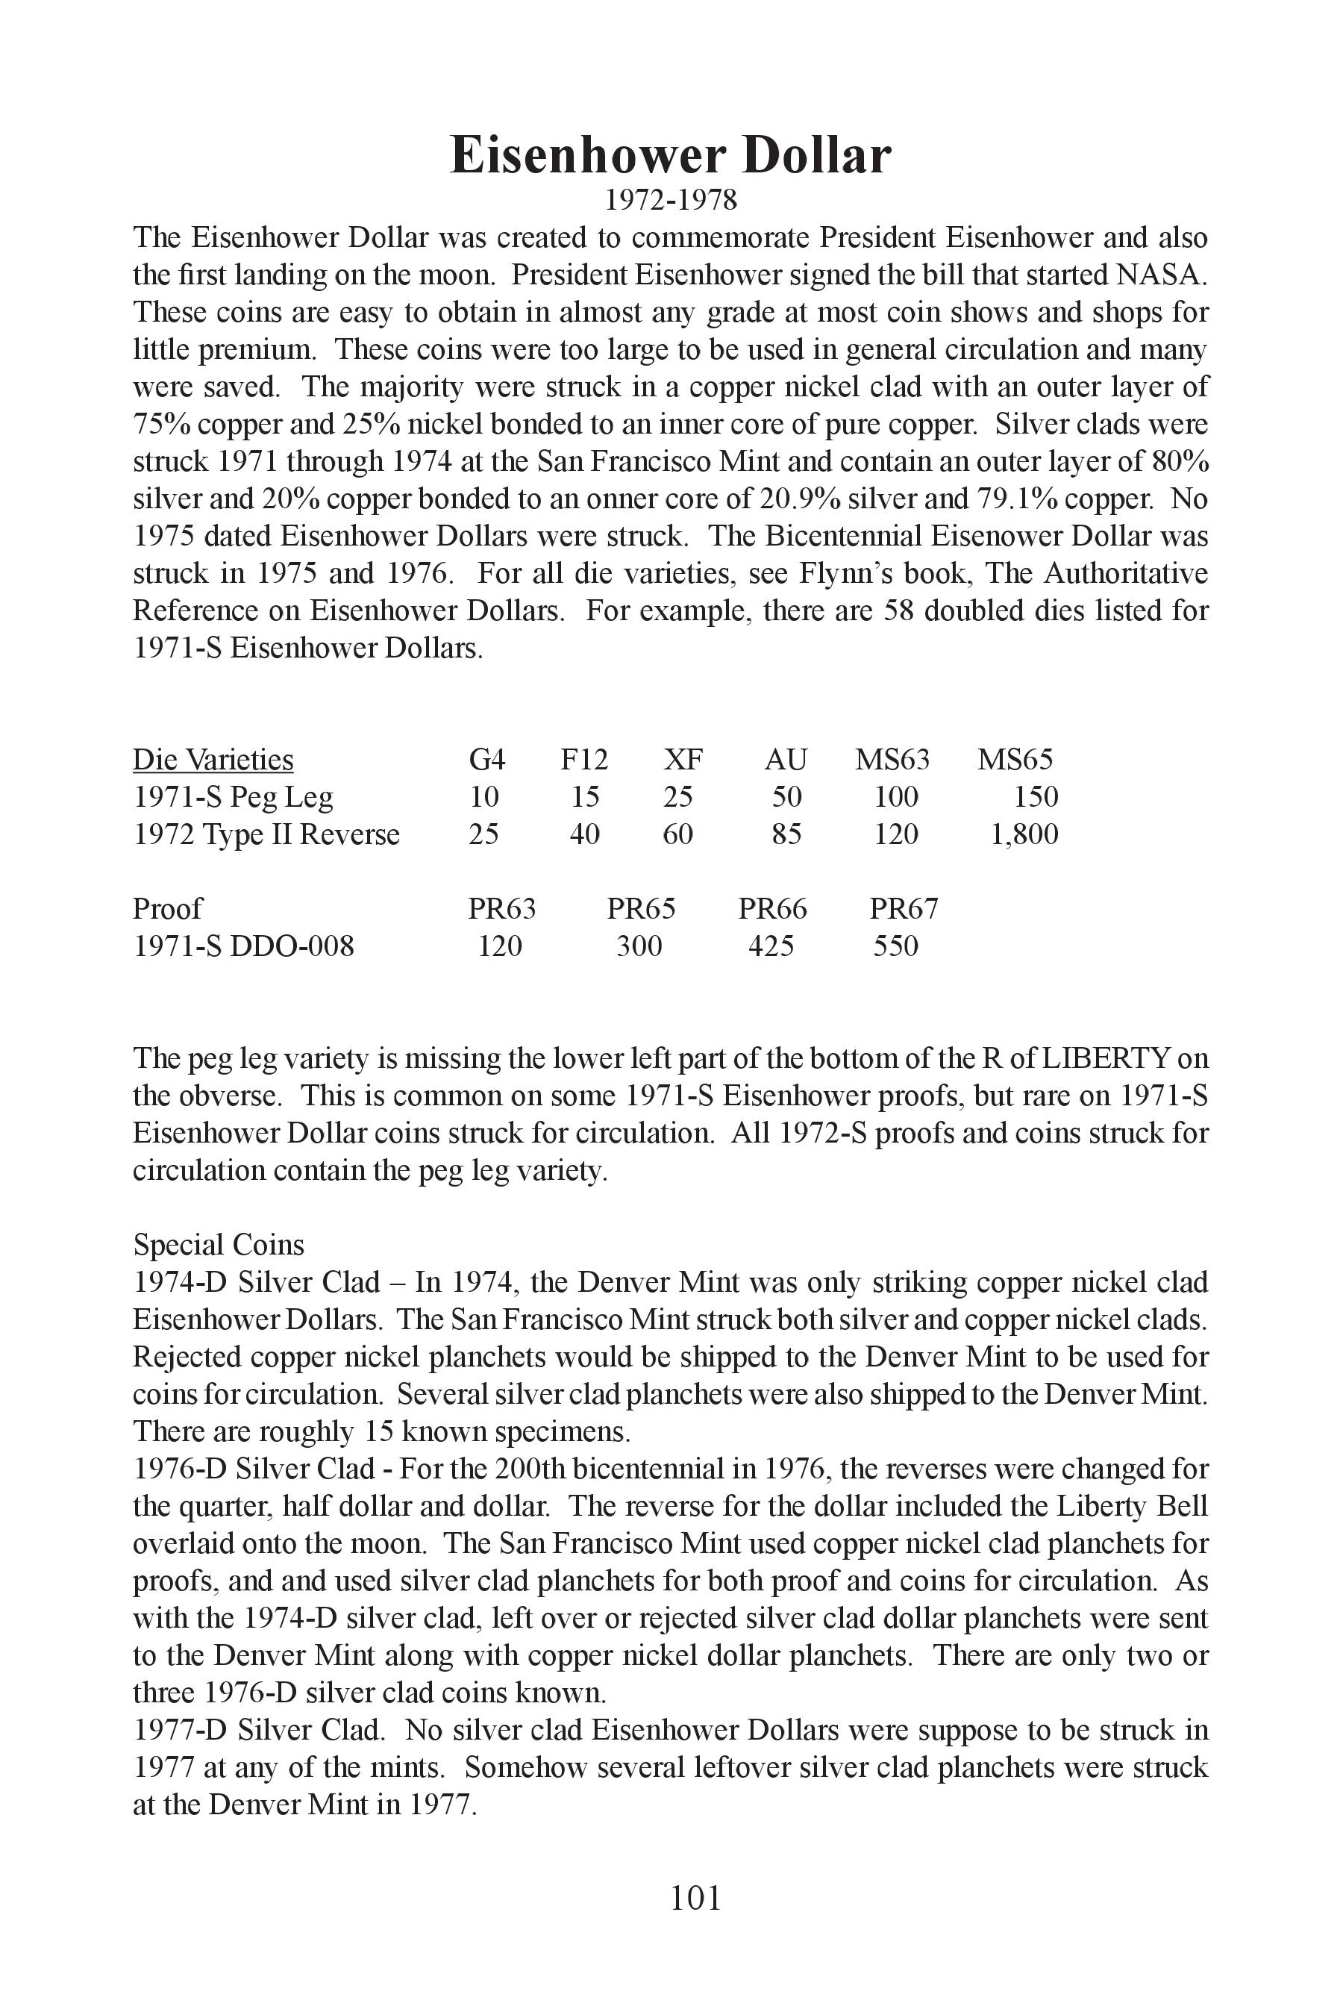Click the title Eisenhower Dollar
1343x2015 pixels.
[671, 156]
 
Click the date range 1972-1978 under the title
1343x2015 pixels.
[671, 201]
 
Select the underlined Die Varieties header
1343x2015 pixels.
[213, 760]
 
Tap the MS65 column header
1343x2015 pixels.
[1015, 760]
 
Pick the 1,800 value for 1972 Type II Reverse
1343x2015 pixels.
[1024, 834]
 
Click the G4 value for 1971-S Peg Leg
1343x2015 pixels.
[484, 798]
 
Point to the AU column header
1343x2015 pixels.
[786, 760]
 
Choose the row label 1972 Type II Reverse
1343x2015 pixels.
[266, 834]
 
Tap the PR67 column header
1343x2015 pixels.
[904, 909]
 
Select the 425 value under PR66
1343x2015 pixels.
[771, 946]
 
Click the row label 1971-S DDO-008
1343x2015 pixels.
[243, 946]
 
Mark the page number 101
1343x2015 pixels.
[695, 1899]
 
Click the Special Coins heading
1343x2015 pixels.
[219, 1245]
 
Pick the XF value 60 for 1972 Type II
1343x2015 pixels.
[677, 834]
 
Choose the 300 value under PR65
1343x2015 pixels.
[639, 946]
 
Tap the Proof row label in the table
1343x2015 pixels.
[167, 909]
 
